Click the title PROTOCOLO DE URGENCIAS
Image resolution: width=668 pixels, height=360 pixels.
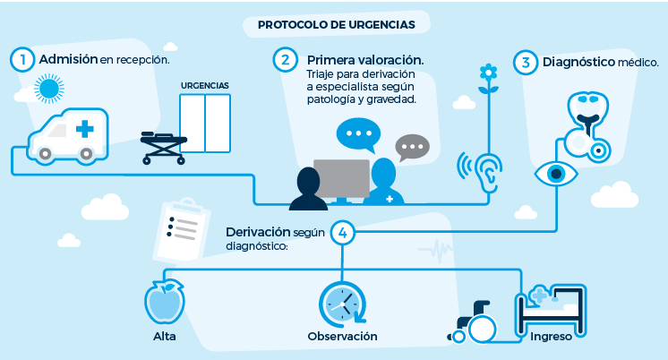pos(337,25)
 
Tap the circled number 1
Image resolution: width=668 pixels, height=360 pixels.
pos(22,60)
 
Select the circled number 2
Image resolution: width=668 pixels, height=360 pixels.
pos(285,60)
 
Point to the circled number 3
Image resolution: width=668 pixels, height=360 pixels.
pos(526,62)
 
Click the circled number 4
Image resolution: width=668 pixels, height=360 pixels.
pos(343,233)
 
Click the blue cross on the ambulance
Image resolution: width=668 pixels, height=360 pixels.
pos(85,129)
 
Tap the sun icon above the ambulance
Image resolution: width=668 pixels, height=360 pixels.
pos(49,89)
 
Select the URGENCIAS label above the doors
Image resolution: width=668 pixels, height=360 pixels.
pos(205,86)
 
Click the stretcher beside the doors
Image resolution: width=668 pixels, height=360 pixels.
pos(164,148)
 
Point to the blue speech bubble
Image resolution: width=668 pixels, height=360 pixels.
pos(358,134)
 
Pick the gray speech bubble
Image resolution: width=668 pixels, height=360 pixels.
pos(412,147)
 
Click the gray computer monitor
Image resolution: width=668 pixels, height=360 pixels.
pos(342,178)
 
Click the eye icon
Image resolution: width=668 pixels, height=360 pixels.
pos(556,174)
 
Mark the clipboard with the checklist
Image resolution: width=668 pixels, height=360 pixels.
pos(182,230)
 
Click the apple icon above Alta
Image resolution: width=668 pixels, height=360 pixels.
pos(165,302)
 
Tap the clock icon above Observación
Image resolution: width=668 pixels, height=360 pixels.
pos(343,304)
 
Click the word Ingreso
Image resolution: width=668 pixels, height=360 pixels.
pos(551,337)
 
